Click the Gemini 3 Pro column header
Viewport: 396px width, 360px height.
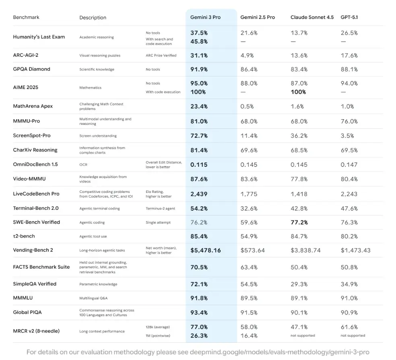coord(205,17)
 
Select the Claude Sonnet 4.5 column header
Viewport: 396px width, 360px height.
coord(312,17)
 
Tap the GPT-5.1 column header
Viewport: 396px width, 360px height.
coord(349,17)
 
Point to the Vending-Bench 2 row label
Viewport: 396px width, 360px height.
coord(33,250)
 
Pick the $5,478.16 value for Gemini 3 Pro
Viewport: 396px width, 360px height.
coord(206,250)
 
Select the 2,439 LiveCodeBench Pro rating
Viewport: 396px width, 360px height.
coord(199,194)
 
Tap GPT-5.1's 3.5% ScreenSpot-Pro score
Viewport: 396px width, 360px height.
coord(347,136)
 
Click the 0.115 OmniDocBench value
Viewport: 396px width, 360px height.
coord(198,165)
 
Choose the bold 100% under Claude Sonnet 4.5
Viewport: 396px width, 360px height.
coord(298,92)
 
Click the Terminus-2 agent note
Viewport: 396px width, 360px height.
coord(161,208)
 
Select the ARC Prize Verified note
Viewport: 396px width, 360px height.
coord(161,56)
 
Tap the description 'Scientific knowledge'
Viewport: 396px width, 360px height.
coord(97,69)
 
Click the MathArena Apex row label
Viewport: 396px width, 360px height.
coord(33,106)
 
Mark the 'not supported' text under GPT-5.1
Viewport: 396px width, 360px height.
coord(353,335)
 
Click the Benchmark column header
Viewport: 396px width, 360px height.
coord(26,17)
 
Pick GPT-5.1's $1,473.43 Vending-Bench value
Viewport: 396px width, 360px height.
coord(355,250)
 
